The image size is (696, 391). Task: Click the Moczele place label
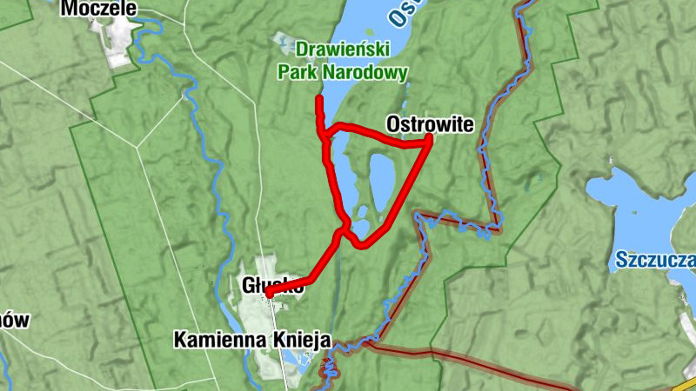click(x=98, y=9)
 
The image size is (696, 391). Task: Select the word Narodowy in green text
click(x=365, y=74)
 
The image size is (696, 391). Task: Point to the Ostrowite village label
click(x=430, y=125)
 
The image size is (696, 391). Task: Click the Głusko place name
click(x=272, y=284)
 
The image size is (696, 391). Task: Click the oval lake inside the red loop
click(x=382, y=181)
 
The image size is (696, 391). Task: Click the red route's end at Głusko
click(x=270, y=295)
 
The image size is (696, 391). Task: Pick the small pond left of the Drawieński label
click(x=283, y=40)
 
